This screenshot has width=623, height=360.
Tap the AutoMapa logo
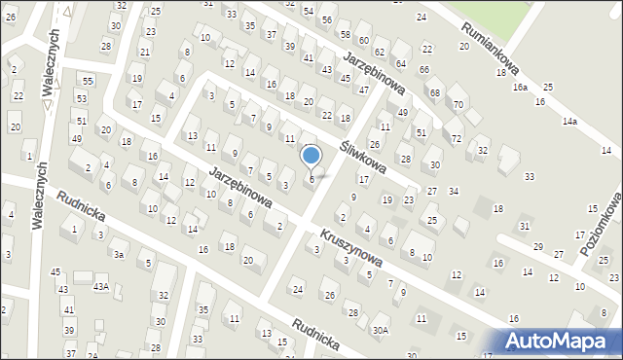(563, 341)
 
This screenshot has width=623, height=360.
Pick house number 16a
(521, 88)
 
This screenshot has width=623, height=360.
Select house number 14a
(569, 122)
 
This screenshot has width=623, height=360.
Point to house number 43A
(100, 287)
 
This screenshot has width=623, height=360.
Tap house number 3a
(118, 254)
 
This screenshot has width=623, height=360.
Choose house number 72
(457, 140)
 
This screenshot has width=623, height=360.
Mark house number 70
(458, 104)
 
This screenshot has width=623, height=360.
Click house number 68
(434, 92)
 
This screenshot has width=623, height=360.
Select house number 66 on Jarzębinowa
(423, 69)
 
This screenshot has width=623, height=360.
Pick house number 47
(363, 90)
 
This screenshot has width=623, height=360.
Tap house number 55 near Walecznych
(88, 81)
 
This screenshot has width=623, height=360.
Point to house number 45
(55, 272)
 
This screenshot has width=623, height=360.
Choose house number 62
(380, 51)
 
